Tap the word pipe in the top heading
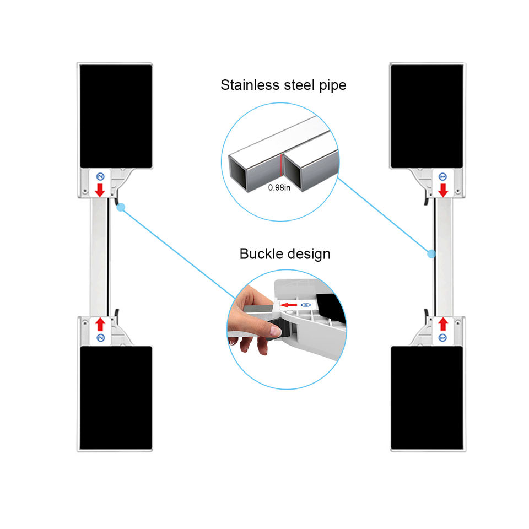click(332, 86)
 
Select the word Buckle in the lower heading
click(261, 254)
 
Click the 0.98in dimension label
click(280, 187)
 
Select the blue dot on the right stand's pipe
click(431, 253)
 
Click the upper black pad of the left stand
click(116, 116)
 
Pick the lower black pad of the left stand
click(116, 397)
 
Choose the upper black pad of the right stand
click(427, 116)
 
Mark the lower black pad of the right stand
click(427, 397)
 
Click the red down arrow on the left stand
click(100, 190)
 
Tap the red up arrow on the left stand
click(100, 323)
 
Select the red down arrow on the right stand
click(442, 190)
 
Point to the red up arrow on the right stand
click(442, 324)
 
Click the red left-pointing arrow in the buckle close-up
click(288, 305)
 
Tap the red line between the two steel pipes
click(282, 164)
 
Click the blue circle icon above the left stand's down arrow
click(100, 177)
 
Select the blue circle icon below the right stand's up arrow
click(442, 337)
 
